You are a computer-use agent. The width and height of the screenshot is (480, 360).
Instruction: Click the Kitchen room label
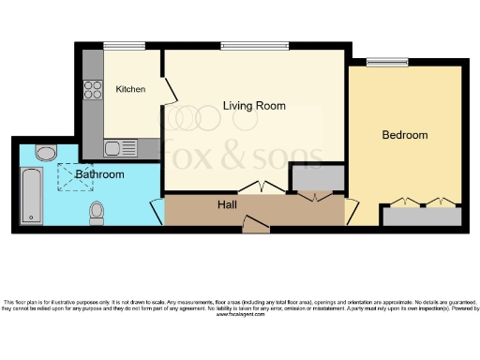(130, 90)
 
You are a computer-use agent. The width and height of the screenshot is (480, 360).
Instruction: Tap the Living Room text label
(254, 105)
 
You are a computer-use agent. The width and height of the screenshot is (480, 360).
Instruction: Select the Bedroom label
(404, 135)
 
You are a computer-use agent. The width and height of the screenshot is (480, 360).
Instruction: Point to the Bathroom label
(100, 174)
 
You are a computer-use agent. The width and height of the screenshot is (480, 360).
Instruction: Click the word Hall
(228, 204)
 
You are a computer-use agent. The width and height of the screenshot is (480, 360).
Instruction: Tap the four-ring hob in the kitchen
(93, 90)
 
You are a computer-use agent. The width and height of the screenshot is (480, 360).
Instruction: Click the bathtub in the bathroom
(30, 195)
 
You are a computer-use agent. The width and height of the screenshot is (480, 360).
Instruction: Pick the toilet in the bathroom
(96, 215)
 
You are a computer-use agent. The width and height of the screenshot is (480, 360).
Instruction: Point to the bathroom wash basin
(44, 152)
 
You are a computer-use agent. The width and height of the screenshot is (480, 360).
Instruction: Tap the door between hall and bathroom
(156, 210)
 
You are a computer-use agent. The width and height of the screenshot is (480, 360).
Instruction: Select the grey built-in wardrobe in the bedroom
(422, 216)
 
